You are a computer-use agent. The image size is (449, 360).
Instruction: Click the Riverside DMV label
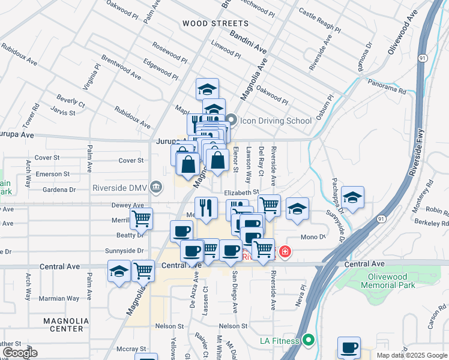coord(119,187)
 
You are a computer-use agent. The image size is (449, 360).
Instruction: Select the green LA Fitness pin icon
coord(309,341)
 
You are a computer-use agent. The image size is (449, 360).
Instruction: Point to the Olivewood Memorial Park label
coord(391,281)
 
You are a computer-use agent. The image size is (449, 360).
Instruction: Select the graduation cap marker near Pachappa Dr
coord(352,196)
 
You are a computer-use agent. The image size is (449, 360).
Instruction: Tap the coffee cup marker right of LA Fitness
coord(349,347)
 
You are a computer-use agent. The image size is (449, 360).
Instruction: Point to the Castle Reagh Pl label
coord(320,20)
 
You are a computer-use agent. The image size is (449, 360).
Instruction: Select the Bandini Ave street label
coord(248,41)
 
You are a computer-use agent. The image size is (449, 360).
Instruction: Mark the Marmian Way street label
coord(59,298)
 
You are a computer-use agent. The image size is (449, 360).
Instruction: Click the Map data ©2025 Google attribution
coord(411,355)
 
